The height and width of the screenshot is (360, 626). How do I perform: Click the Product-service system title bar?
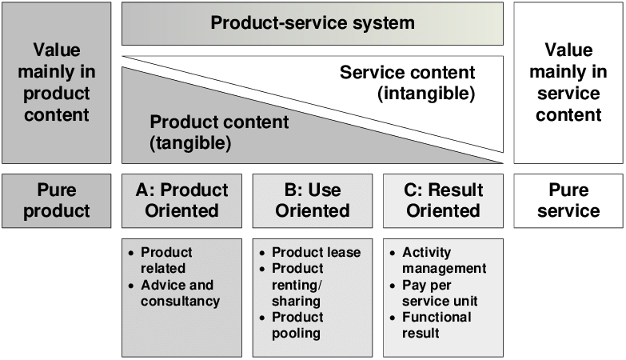(312, 23)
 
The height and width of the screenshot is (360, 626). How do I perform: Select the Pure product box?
(57, 201)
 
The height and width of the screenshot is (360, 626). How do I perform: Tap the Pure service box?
(568, 201)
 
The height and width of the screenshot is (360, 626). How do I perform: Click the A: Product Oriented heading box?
(181, 201)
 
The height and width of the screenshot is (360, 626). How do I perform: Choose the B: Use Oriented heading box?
(312, 201)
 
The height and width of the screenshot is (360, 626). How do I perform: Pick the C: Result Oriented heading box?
(443, 201)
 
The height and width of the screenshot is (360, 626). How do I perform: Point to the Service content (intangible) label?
(407, 83)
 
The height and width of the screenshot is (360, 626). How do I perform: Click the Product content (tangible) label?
(219, 133)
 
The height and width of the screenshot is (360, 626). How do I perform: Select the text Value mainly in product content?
(56, 83)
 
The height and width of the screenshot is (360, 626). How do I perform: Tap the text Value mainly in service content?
(568, 83)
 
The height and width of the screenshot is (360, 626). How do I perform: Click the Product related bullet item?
(166, 260)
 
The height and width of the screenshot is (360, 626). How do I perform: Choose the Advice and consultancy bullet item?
(179, 293)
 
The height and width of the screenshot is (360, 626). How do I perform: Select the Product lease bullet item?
(316, 252)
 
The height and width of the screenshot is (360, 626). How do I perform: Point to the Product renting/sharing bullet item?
(297, 285)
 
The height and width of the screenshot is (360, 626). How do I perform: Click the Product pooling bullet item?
(297, 325)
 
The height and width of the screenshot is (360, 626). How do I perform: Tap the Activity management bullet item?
(443, 260)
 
